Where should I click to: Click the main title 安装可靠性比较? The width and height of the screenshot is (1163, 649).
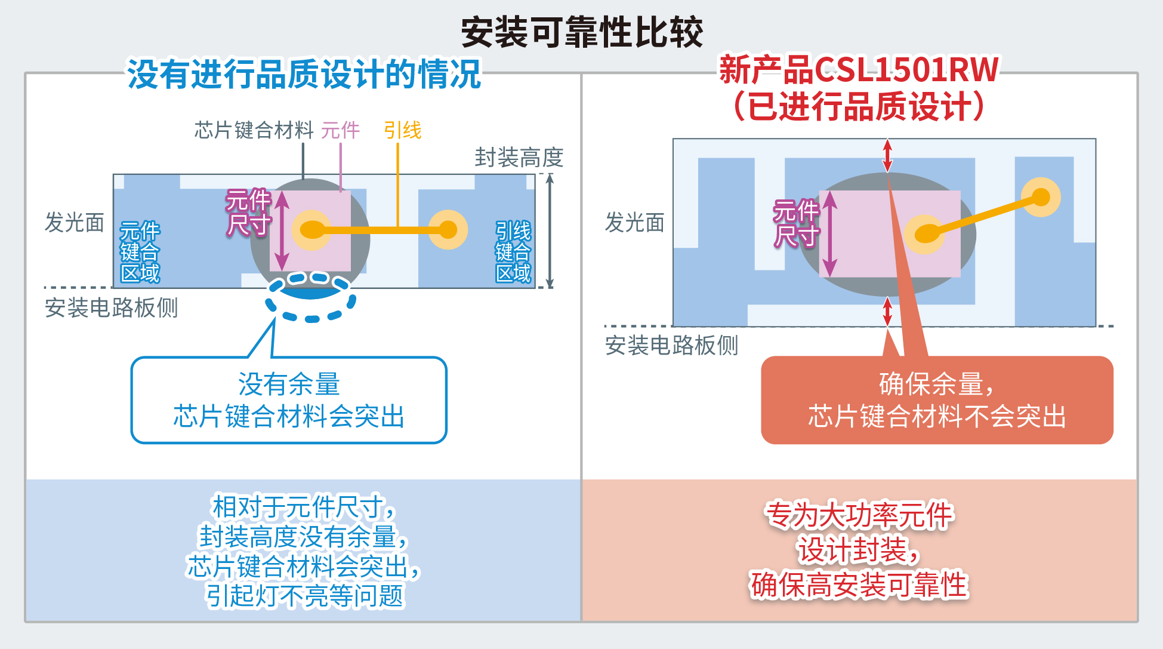tap(582, 32)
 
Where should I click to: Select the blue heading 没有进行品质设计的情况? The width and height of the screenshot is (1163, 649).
tap(304, 75)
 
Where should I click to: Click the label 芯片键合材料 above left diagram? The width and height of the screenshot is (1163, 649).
tap(254, 130)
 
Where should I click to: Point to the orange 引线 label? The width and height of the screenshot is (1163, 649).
tap(402, 130)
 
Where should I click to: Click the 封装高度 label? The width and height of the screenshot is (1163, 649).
tap(519, 158)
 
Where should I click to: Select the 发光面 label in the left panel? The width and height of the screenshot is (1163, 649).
tap(75, 222)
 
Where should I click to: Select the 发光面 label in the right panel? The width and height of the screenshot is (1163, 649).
tap(634, 222)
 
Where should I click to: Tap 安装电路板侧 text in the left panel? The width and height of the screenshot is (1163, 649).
tap(111, 308)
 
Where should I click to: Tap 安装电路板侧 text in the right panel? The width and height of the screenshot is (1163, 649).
tap(671, 345)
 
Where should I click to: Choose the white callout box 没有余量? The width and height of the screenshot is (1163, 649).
tap(289, 400)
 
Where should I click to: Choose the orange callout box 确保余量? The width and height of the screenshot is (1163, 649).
tap(937, 400)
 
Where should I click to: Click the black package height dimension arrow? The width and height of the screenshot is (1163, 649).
tap(550, 230)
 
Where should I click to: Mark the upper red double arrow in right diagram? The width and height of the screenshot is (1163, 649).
tap(887, 155)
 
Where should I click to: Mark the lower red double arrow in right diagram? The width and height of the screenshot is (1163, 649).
tap(887, 312)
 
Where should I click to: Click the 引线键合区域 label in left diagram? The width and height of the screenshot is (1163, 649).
tap(513, 251)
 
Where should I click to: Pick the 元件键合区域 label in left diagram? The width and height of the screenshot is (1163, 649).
tap(140, 251)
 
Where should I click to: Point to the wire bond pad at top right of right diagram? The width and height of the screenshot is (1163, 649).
tap(1041, 196)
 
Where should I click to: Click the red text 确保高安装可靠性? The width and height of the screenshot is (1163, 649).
tap(859, 585)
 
